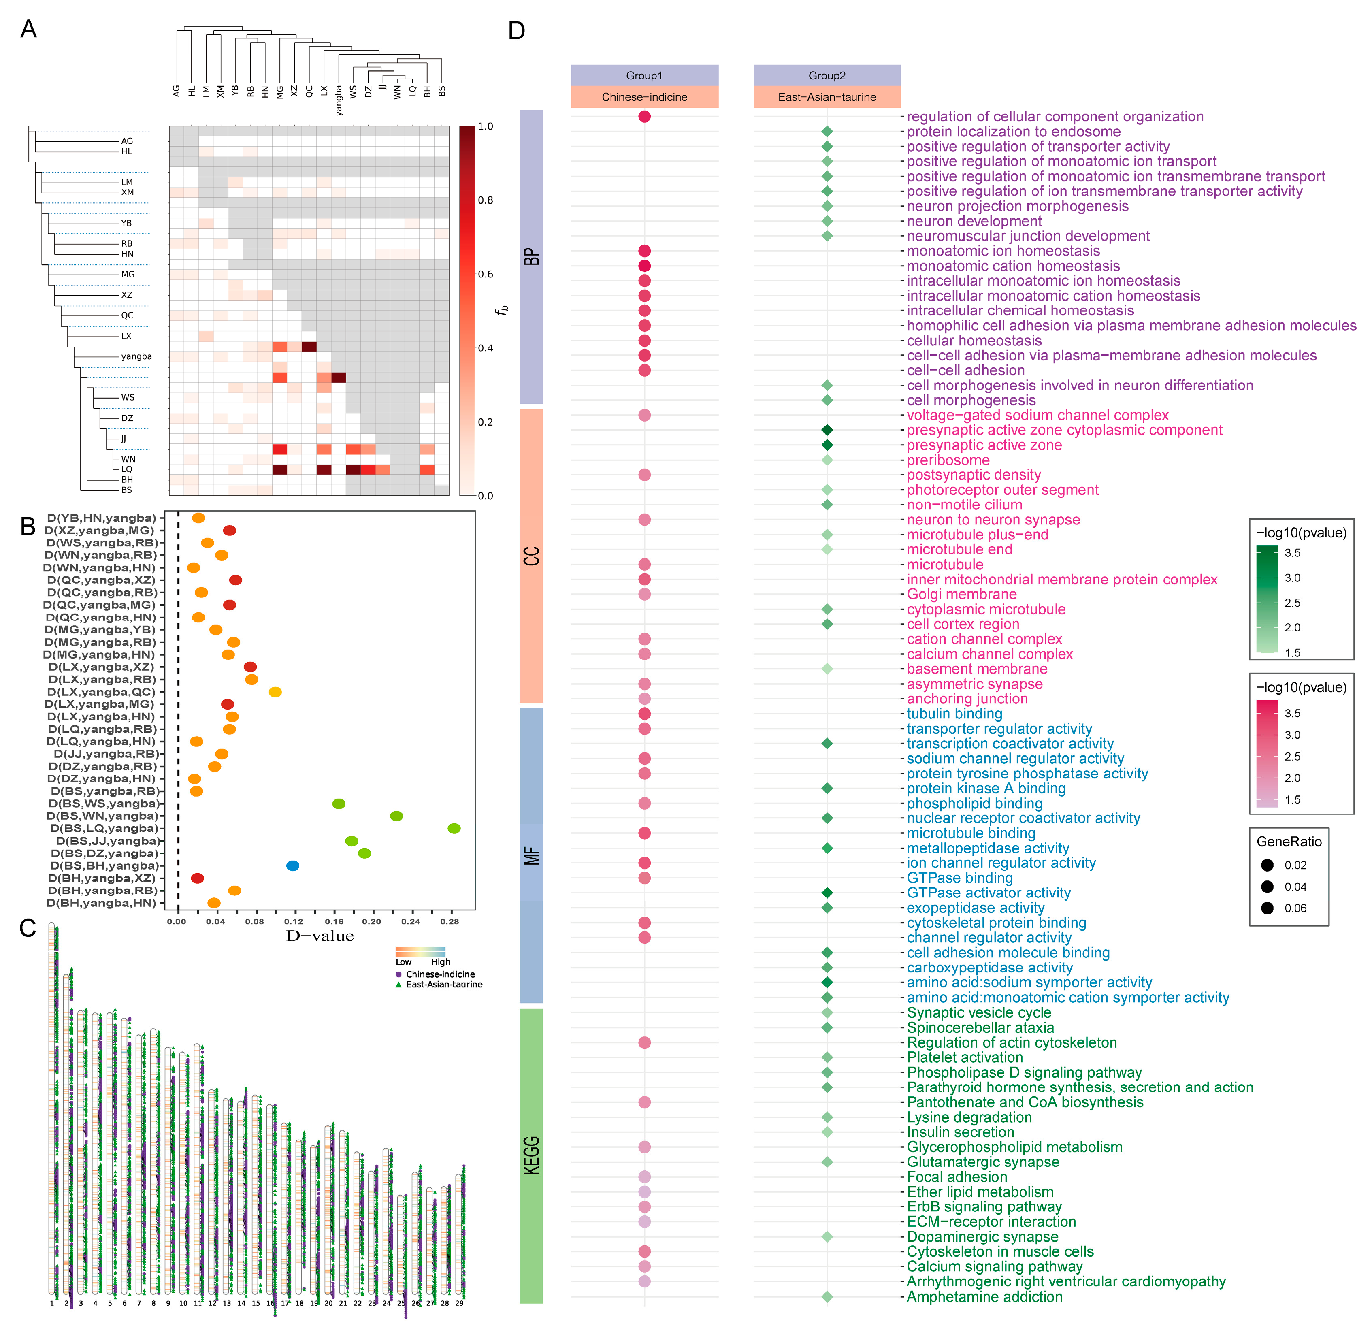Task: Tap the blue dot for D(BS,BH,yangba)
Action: tap(293, 866)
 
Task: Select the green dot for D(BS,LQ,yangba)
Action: tap(454, 829)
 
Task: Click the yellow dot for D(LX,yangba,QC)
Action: tap(275, 692)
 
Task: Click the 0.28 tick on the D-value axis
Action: tap(450, 922)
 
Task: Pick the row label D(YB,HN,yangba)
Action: tap(102, 518)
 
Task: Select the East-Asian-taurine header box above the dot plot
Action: tap(827, 97)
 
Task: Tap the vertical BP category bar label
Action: tap(531, 257)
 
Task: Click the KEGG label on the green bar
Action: tap(531, 1155)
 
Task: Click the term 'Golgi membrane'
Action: tap(961, 594)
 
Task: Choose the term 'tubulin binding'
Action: tap(954, 714)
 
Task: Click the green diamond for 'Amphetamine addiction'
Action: tap(827, 1297)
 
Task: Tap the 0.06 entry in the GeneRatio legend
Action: tap(1295, 908)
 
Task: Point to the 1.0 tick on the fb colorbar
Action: tap(485, 127)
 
